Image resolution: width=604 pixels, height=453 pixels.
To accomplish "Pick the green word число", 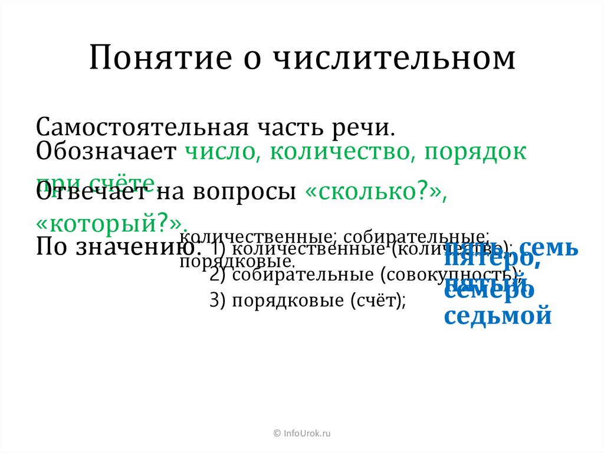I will coord(216,152).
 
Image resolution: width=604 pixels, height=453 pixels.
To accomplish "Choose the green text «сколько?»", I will coord(374,194).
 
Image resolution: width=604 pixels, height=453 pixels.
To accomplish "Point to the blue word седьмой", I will coord(498,315).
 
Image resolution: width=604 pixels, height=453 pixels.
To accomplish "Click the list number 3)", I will coord(218,301).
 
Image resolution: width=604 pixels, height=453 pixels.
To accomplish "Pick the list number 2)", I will coord(218,275).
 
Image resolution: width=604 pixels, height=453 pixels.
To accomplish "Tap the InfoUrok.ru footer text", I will coord(307,434).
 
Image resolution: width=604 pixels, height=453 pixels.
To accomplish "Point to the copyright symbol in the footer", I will coord(277,434).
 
